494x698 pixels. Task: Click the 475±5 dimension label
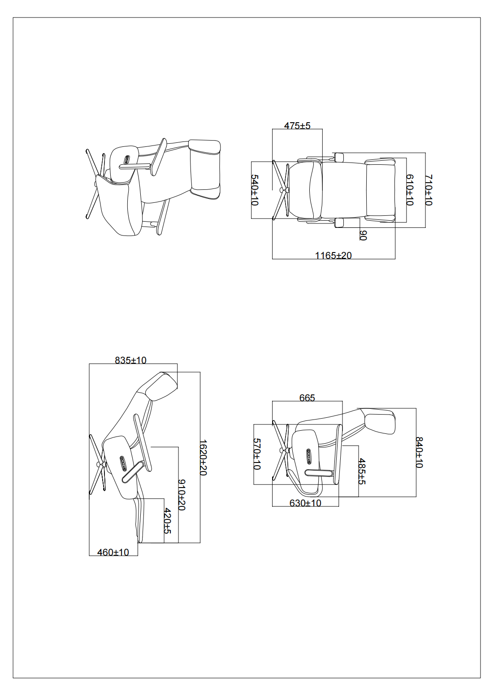[297, 125]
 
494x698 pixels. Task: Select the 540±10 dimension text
[255, 190]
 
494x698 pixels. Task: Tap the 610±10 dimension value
[410, 190]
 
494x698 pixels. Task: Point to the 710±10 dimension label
[429, 190]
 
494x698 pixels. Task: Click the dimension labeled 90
[363, 236]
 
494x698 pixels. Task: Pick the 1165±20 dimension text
[333, 256]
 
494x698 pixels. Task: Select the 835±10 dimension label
[130, 360]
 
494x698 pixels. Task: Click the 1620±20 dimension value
[204, 458]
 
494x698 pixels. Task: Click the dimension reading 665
[307, 398]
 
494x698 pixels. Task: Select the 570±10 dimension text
[257, 454]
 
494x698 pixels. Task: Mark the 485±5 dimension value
[362, 471]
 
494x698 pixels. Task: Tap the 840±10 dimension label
[420, 453]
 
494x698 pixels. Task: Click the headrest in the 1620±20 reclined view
[162, 386]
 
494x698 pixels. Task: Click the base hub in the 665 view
[284, 450]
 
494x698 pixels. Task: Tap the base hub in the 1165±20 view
[284, 190]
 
